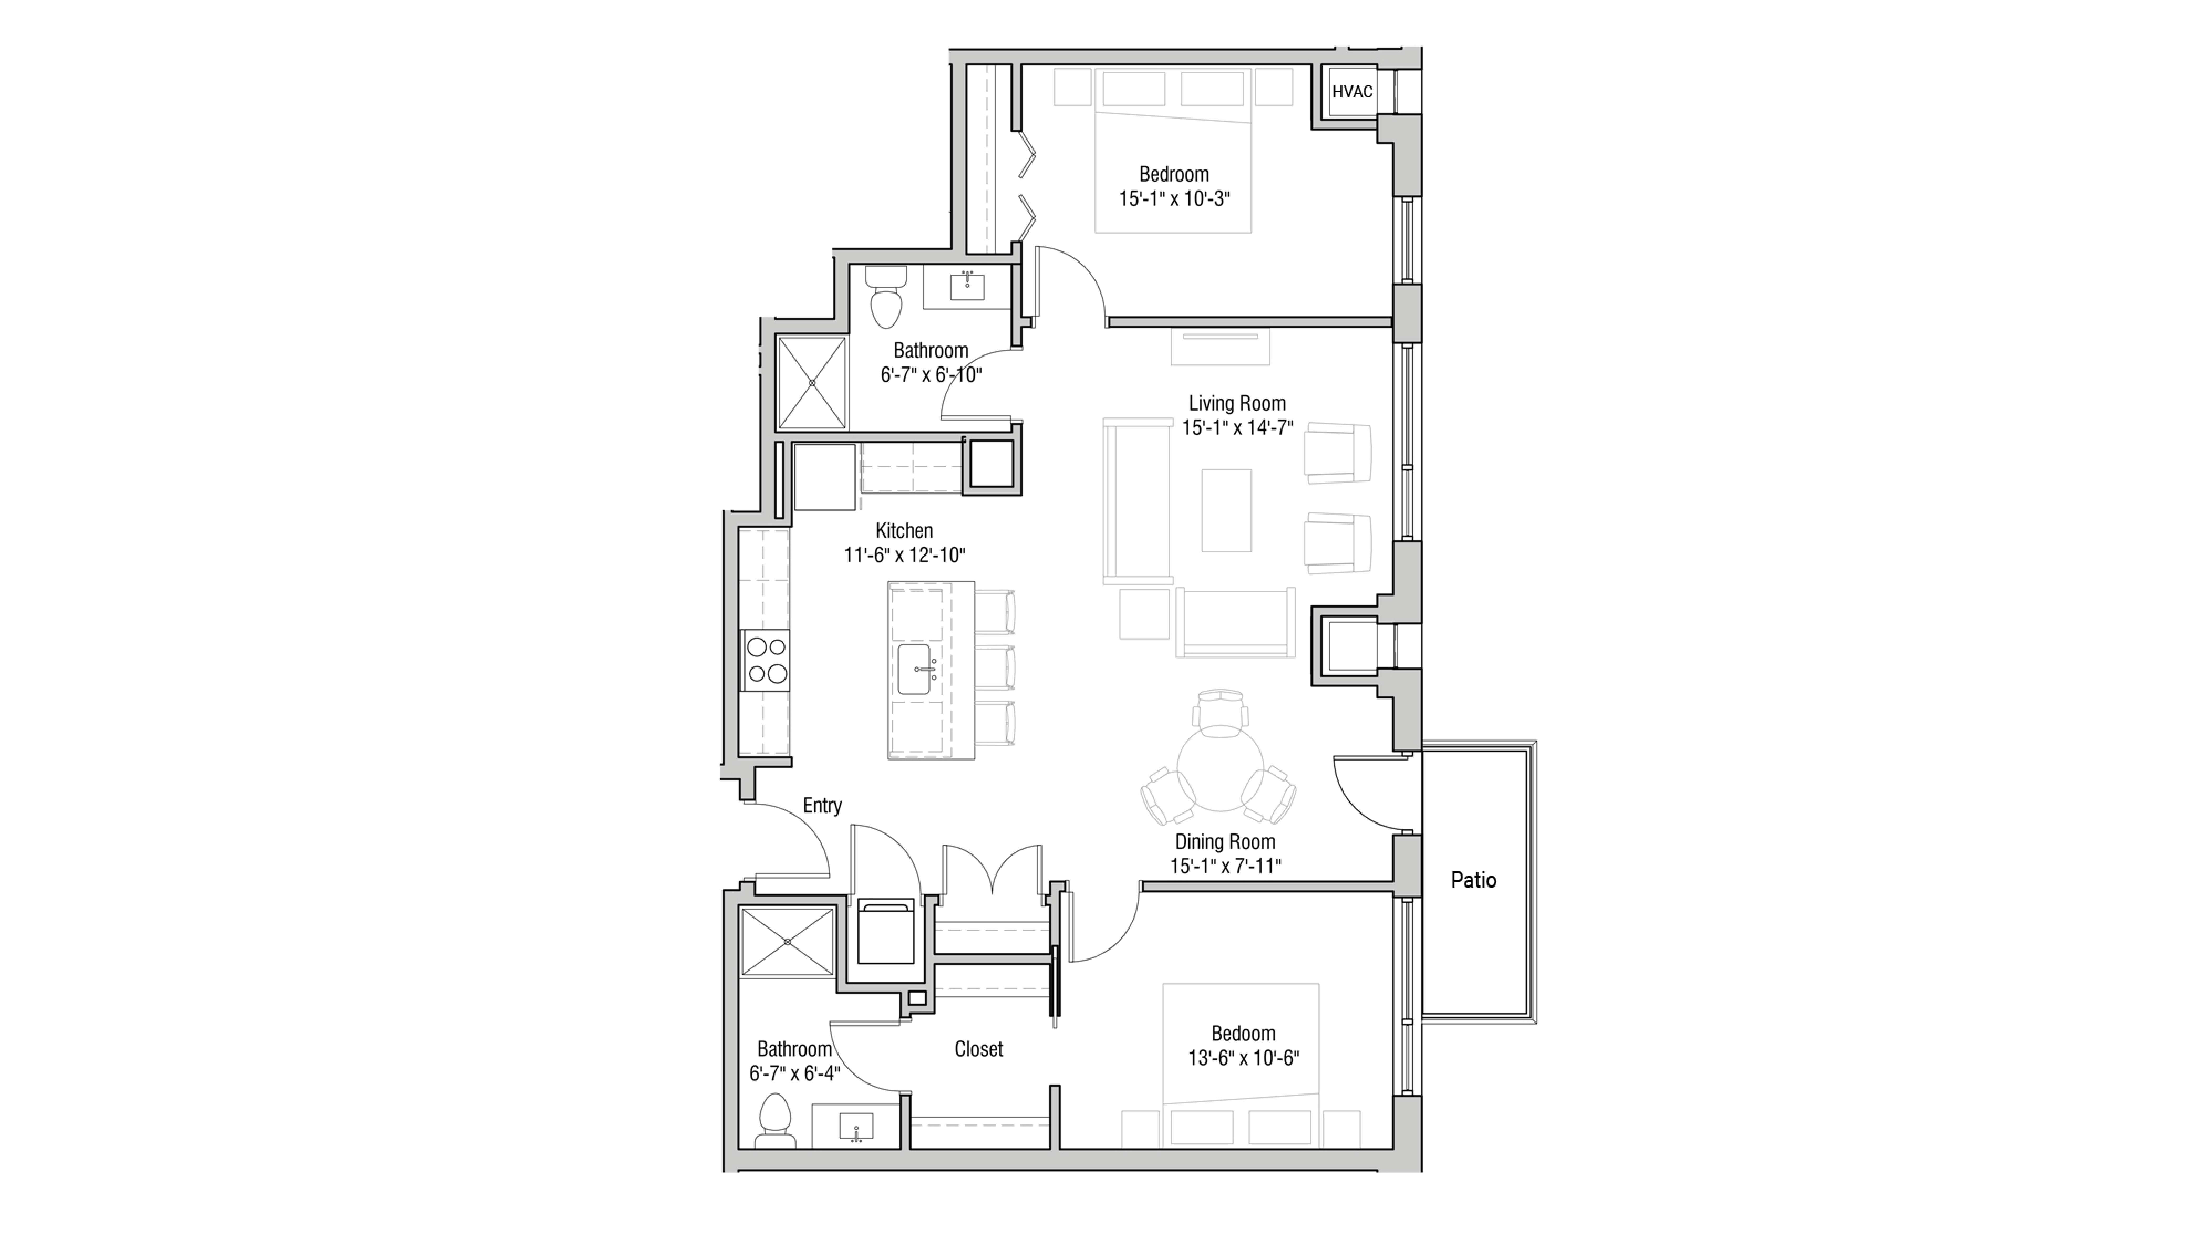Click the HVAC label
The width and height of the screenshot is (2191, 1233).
point(1351,92)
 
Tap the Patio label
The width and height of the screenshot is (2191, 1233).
point(1473,880)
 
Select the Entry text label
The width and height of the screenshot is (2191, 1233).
point(822,805)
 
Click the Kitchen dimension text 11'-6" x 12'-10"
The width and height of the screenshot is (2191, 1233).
point(904,555)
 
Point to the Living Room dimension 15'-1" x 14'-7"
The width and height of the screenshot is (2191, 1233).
point(1237,428)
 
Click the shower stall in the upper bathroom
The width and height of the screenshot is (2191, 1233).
point(812,383)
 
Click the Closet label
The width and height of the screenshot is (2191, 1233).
point(978,1049)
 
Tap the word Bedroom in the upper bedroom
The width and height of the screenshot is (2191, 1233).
point(1174,174)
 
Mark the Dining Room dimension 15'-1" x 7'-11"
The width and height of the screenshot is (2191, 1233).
point(1225,866)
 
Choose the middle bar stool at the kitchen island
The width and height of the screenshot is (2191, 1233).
point(995,667)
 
